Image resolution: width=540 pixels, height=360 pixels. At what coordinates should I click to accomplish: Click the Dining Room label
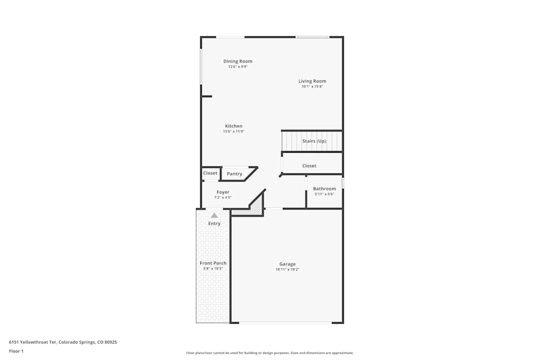pyautogui.click(x=238, y=62)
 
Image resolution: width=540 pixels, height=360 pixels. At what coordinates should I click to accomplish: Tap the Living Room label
pyautogui.click(x=312, y=81)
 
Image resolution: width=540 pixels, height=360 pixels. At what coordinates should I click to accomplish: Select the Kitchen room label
pyautogui.click(x=234, y=126)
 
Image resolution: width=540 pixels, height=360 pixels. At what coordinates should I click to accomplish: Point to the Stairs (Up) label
pyautogui.click(x=314, y=141)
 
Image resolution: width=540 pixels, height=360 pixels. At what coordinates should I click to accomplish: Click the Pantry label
pyautogui.click(x=234, y=174)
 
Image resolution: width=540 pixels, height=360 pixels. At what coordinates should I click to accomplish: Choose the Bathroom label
pyautogui.click(x=325, y=189)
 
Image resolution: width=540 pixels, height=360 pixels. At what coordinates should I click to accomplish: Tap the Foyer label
pyautogui.click(x=222, y=192)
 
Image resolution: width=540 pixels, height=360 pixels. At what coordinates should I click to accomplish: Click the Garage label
pyautogui.click(x=287, y=264)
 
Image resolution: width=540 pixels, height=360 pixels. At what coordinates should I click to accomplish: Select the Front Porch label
pyautogui.click(x=213, y=263)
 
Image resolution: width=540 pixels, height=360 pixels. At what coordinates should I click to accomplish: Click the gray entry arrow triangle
pyautogui.click(x=214, y=215)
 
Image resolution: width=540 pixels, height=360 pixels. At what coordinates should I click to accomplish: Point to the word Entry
pyautogui.click(x=214, y=223)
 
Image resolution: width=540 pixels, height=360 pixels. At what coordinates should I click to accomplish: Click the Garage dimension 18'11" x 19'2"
pyautogui.click(x=287, y=269)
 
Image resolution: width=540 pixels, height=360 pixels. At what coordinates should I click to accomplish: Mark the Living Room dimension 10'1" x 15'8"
pyautogui.click(x=312, y=86)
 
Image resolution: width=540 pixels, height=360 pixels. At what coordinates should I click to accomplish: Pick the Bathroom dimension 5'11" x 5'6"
pyautogui.click(x=325, y=194)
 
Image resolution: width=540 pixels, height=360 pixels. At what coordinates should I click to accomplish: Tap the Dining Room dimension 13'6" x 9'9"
pyautogui.click(x=238, y=67)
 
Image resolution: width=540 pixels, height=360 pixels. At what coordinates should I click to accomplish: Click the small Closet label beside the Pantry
pyautogui.click(x=210, y=173)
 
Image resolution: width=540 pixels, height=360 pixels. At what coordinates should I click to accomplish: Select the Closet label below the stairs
pyautogui.click(x=309, y=166)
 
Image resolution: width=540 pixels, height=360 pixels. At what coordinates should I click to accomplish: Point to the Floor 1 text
pyautogui.click(x=16, y=351)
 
